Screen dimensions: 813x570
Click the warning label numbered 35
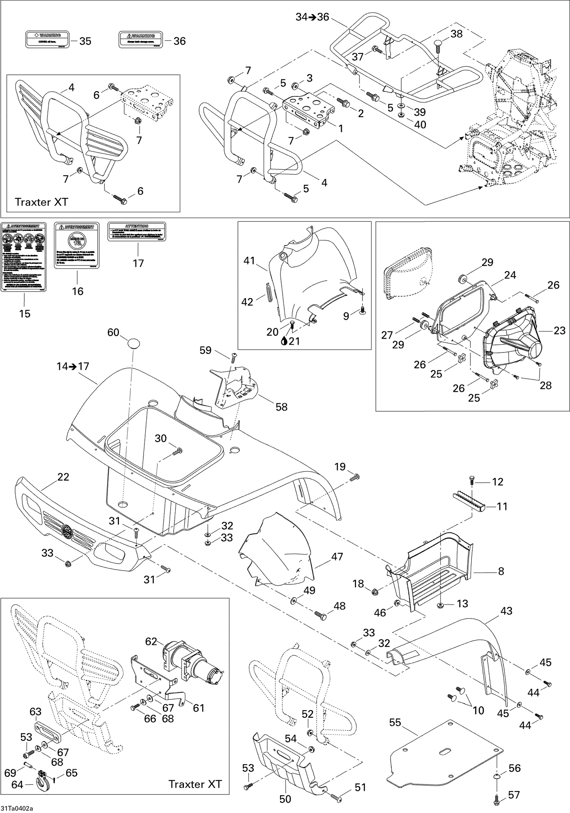(48, 40)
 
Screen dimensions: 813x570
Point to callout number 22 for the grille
(63, 477)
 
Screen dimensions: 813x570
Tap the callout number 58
(281, 407)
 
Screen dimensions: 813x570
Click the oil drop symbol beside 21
(284, 341)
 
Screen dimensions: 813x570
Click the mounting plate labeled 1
(310, 105)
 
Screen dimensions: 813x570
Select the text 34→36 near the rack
(312, 17)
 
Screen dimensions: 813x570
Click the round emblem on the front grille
(68, 529)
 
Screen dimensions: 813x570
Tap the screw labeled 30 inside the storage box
(177, 451)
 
